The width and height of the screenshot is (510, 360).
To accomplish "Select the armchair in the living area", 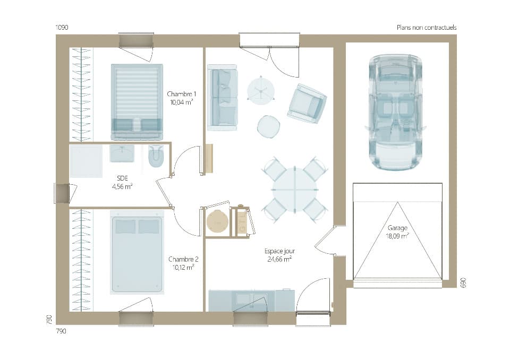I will point(307,104).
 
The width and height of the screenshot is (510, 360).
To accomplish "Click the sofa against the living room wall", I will point(222,98).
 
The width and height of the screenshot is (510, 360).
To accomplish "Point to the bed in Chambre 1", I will point(137,101).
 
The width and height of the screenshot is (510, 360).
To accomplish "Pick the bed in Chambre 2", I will point(137,252).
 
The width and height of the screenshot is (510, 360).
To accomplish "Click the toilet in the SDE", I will point(156,156).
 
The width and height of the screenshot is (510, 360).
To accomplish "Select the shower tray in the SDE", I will point(86,161).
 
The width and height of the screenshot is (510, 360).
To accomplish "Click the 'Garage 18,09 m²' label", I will point(397,232).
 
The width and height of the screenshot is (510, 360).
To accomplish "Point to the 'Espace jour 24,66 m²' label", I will point(279,255).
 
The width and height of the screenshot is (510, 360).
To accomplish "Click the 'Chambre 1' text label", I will point(181,93).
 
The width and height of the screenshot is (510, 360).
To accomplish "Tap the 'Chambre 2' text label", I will point(183,259).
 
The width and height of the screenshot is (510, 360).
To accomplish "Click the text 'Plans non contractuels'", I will point(426,28).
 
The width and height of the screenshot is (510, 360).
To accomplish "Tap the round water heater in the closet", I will point(217,221).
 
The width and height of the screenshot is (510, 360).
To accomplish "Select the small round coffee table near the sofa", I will point(268,126).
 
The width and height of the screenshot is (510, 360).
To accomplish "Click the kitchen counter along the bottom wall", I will point(251,301).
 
